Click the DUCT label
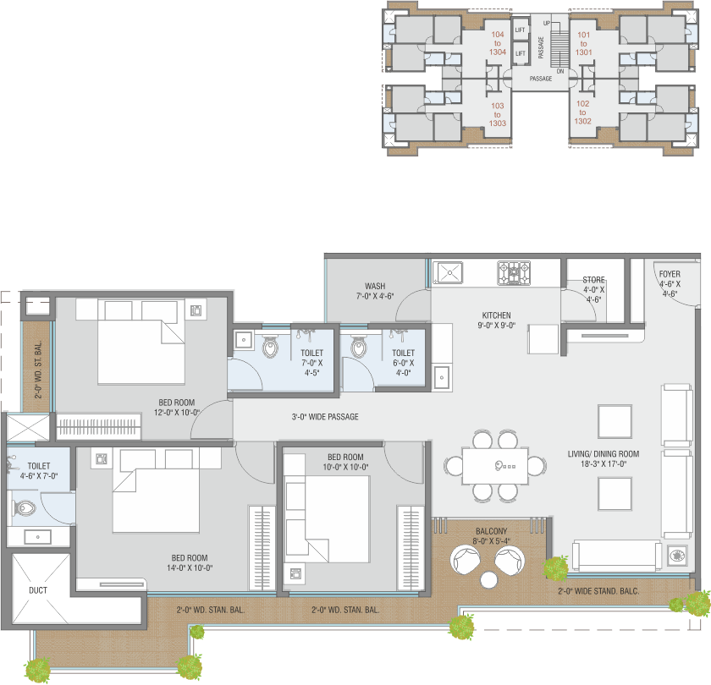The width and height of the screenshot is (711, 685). [38, 590]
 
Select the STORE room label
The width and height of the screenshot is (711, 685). [593, 280]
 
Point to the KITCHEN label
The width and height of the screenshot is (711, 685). [497, 315]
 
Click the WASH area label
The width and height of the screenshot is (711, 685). [375, 287]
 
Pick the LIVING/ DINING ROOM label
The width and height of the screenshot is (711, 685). [604, 454]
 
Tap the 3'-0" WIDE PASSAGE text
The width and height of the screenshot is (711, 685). [325, 417]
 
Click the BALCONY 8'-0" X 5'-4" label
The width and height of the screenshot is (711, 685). [492, 536]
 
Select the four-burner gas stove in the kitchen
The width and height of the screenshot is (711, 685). [514, 272]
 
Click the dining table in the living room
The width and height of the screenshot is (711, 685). [495, 466]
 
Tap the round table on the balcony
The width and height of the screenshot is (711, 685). [489, 580]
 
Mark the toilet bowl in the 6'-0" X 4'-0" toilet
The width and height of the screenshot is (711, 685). [358, 347]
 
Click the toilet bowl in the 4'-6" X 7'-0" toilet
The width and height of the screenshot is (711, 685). [25, 508]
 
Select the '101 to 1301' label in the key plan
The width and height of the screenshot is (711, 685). [583, 43]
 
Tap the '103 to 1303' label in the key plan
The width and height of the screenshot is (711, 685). [498, 115]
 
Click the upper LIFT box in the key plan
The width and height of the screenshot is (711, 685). [521, 30]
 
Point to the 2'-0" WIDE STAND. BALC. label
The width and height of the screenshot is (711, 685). [598, 591]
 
